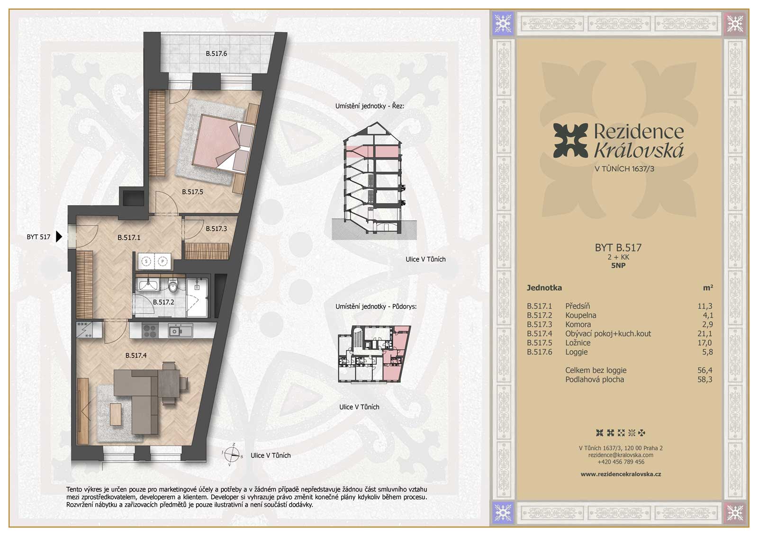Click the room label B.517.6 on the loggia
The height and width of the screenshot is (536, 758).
pos(216,54)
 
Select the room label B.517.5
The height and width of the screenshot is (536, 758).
pos(192,192)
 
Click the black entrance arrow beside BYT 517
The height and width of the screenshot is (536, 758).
pos(59,237)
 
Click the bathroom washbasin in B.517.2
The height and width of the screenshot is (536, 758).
pos(147,285)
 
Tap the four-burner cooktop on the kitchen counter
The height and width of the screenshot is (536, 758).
pos(150,330)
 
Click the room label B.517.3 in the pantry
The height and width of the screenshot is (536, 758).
pos(216,229)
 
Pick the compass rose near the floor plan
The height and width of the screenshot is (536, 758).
pos(233,454)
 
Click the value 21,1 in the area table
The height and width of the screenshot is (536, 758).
pos(705,334)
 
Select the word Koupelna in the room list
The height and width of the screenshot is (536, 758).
pos(581,315)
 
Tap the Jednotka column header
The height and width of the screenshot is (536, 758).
pos(544,288)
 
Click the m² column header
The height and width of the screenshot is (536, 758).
pos(708,287)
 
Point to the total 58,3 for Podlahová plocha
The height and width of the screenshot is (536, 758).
pos(705,379)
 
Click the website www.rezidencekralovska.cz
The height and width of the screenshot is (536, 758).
pos(621,474)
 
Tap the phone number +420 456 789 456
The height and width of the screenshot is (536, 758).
pos(621,462)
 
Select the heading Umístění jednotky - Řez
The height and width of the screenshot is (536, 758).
pos(370,106)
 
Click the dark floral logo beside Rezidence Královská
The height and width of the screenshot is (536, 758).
pos(570,141)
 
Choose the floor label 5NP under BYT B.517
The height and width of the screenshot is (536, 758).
pos(618,266)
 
